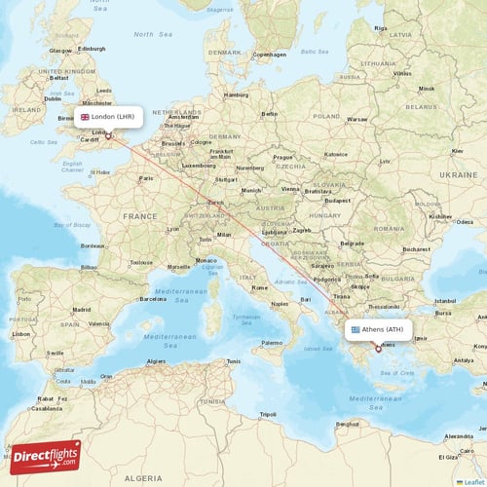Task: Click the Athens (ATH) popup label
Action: [x=379, y=330]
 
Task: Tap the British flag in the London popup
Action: [x=85, y=116]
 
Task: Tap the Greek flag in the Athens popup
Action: [x=356, y=330]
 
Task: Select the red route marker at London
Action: [x=109, y=136]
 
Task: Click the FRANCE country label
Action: [x=139, y=216]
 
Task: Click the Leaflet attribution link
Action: [x=473, y=481]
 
